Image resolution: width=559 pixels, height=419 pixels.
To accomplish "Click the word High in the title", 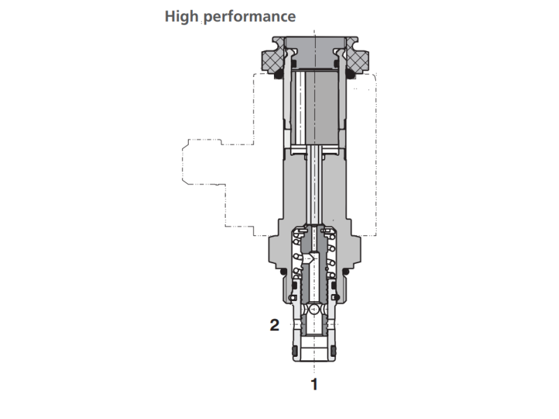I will tap(181, 15).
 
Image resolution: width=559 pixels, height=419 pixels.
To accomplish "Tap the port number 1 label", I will tap(314, 383).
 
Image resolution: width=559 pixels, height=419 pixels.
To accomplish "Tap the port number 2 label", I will tap(275, 324).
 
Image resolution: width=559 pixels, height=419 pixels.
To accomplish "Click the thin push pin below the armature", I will tap(314, 189).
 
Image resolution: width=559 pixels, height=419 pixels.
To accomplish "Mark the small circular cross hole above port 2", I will tap(314, 308).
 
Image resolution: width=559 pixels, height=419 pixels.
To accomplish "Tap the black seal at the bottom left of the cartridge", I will tap(293, 349).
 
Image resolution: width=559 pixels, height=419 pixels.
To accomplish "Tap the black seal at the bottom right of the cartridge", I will tap(336, 349).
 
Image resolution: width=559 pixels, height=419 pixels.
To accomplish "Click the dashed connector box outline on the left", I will tap(203, 164).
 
